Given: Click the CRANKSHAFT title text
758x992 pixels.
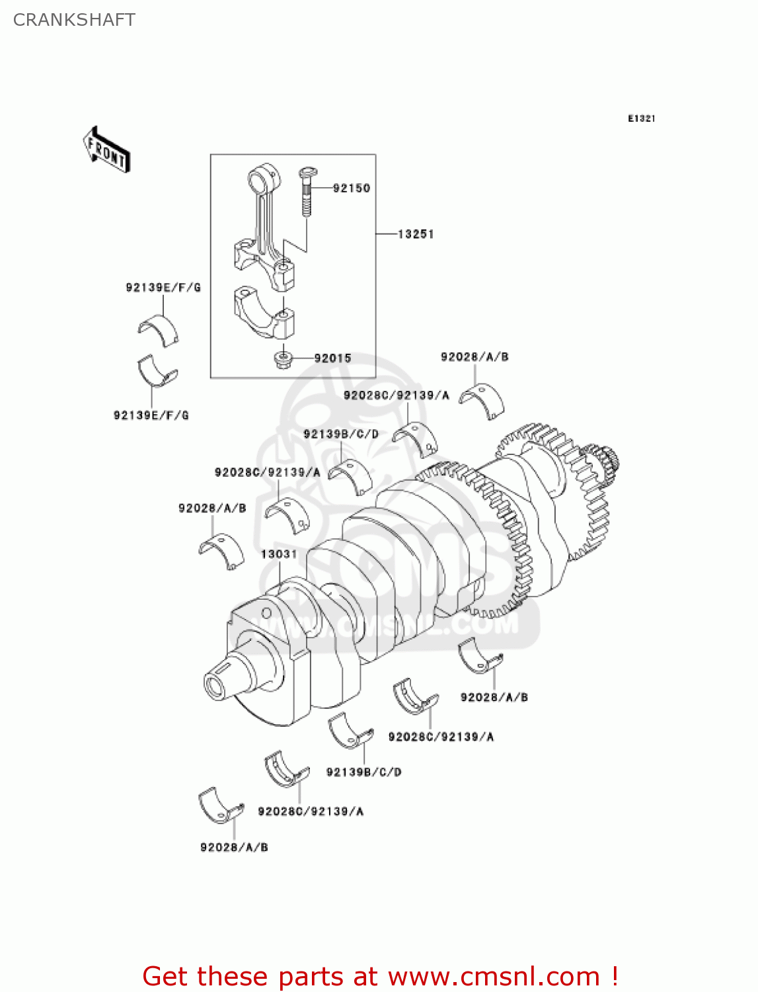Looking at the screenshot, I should point(74,20).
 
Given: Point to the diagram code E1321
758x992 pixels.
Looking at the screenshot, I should point(641,118).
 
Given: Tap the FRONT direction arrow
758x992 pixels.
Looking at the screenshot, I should point(106,150).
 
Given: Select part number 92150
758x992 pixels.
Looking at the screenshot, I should point(351,188).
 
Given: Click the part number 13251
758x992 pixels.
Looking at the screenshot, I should point(416,234).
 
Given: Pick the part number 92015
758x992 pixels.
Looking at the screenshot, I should point(332,358).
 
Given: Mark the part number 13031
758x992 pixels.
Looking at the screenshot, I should point(279,554).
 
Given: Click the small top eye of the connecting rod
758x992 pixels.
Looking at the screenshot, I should point(264,179).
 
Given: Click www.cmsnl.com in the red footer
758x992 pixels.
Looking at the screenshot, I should point(494,977).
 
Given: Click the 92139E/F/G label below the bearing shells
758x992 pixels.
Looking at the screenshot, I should point(151,415).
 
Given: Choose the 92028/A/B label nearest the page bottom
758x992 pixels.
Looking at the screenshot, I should point(234,847).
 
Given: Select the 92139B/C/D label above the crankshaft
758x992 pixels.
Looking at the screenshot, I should point(341,434).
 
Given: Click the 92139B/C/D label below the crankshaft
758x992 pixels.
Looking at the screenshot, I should point(363,772).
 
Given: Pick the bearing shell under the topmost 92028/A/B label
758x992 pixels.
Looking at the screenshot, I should point(482,400).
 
